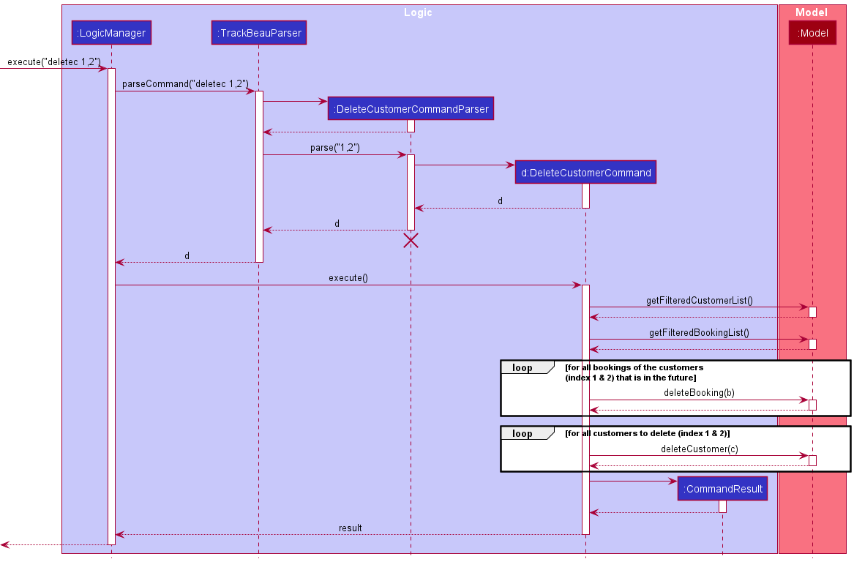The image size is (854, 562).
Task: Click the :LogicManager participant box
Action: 111,33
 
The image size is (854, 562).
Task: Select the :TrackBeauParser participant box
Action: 258,33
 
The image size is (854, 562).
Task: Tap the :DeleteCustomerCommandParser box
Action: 411,109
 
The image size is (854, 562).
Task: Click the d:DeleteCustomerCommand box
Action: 585,173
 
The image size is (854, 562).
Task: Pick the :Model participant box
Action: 812,33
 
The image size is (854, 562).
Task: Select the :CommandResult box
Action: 722,489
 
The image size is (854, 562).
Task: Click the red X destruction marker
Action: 411,241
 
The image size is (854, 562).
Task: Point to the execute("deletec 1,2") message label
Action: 54,61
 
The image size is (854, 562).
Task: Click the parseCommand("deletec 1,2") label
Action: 185,83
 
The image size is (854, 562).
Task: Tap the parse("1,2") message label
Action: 334,147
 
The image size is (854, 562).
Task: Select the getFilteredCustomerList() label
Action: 699,300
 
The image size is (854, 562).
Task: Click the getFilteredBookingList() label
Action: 699,332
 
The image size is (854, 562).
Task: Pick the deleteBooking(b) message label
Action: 699,392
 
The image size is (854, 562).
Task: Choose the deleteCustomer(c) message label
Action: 699,449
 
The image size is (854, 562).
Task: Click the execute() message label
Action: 348,277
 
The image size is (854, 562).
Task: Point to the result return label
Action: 350,528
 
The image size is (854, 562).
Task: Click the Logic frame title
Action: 418,12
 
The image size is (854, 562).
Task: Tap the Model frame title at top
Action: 811,12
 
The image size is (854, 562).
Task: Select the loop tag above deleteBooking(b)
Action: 522,367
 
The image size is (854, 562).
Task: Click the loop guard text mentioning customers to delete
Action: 647,434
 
